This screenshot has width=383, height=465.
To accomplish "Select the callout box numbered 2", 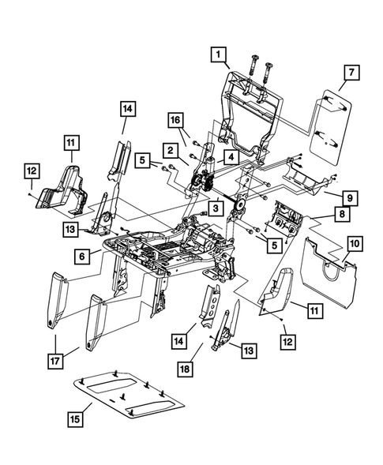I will [x=170, y=148].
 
